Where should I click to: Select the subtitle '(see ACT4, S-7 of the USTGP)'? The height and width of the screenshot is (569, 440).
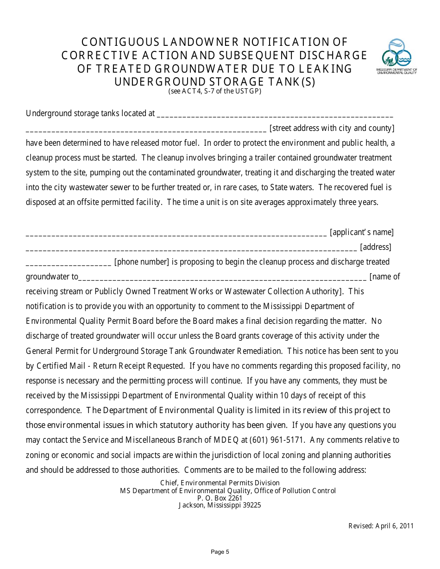pyautogui.click(x=214, y=91)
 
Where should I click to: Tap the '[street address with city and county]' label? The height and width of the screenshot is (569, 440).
pyautogui.click(x=332, y=128)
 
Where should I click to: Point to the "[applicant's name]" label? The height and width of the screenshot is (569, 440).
pyautogui.click(x=361, y=232)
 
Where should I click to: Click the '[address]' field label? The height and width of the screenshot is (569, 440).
pyautogui.click(x=375, y=247)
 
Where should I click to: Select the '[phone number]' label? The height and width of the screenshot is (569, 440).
pyautogui.click(x=142, y=262)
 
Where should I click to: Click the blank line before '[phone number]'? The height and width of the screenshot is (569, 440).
pyautogui.click(x=69, y=264)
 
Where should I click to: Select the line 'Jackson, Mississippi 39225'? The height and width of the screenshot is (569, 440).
pyautogui.click(x=220, y=505)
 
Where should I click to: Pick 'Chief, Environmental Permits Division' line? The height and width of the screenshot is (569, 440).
pyautogui.click(x=220, y=483)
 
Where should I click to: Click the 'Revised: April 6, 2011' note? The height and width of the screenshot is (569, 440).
pyautogui.click(x=381, y=526)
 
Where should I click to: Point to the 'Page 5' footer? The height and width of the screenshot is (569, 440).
pyautogui.click(x=220, y=551)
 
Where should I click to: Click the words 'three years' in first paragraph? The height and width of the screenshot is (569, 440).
pyautogui.click(x=358, y=202)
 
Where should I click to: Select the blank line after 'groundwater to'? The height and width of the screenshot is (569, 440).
pyautogui.click(x=222, y=278)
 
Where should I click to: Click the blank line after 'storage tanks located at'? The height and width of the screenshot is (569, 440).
pyautogui.click(x=275, y=115)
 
